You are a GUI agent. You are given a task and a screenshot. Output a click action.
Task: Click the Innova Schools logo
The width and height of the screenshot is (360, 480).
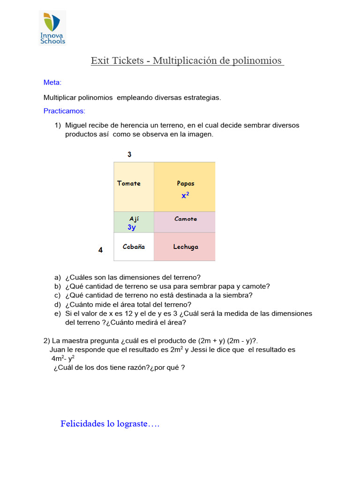point(52,29)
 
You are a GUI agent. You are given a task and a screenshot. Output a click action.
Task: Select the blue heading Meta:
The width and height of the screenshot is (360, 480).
point(52,82)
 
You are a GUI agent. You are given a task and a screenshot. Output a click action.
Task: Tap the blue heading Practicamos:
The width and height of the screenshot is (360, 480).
point(64,112)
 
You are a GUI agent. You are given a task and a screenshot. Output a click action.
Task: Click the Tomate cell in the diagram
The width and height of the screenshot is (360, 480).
point(134,187)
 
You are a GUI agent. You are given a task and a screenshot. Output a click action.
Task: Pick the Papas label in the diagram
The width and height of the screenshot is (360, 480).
point(186,183)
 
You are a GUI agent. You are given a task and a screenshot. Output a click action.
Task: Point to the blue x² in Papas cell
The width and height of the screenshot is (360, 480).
point(185,195)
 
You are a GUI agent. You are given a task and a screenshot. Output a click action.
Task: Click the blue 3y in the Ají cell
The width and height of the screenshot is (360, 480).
point(132,227)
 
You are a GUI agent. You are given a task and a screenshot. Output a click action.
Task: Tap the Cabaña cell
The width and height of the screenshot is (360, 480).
point(134,247)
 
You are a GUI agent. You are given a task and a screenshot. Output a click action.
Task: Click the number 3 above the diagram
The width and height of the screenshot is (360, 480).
point(129,155)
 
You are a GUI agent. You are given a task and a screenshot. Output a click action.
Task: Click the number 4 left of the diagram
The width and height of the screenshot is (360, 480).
point(100,250)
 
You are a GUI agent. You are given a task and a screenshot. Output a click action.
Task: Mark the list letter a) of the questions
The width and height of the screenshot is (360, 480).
point(58,277)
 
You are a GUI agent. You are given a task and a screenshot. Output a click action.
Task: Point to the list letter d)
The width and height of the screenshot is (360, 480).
point(58,304)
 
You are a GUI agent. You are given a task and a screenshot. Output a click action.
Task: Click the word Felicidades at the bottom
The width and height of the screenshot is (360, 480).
point(82,424)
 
